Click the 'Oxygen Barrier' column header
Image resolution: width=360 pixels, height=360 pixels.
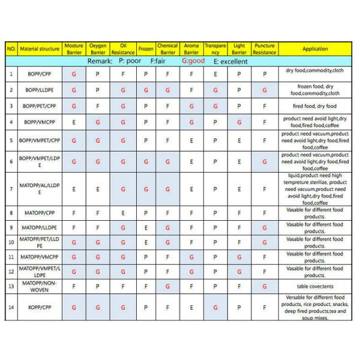tap(98, 49)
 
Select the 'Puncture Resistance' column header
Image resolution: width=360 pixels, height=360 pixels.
tap(265, 49)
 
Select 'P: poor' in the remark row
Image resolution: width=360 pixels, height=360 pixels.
tap(130, 61)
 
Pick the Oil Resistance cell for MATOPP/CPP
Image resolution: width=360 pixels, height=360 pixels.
tap(123, 212)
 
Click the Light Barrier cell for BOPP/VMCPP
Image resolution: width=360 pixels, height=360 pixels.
tap(239, 122)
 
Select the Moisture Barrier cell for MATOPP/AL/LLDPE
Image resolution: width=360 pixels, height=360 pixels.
tap(74, 189)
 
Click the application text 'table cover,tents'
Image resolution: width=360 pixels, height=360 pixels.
tap(315, 286)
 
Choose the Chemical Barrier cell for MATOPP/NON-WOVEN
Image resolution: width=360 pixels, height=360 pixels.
tap(167, 286)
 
